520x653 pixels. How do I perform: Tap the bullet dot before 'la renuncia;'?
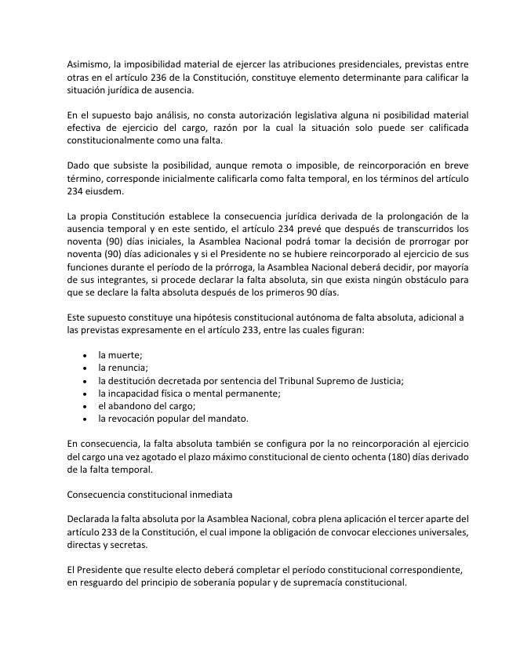(85, 368)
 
